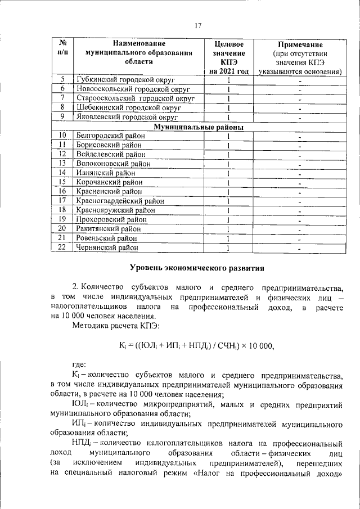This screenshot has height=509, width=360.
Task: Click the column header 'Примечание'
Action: coord(300,44)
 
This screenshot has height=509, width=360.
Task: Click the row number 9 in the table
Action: coord(63,117)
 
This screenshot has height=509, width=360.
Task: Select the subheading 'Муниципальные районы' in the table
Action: coord(199,127)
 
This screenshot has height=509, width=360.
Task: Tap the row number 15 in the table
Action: coord(63,182)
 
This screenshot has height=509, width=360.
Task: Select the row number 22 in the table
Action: coord(63,247)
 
